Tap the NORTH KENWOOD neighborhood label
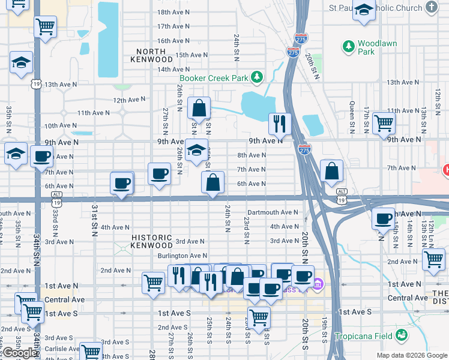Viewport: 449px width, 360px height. (155, 55)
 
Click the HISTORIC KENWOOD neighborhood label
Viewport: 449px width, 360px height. (152, 242)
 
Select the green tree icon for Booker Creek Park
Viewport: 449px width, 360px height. (257, 77)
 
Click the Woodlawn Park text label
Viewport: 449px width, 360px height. (374, 47)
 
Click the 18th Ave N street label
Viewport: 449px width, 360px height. (173, 12)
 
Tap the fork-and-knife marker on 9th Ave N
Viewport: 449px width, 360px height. (280, 124)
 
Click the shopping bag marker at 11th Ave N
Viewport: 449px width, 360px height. (199, 109)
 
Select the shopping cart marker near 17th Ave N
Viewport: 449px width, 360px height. (46, 26)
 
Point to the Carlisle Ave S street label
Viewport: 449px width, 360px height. (59, 348)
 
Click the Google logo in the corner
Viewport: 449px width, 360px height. (19, 353)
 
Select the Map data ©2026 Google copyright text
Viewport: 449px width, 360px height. (412, 355)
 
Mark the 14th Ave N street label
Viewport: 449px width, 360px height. (173, 70)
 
